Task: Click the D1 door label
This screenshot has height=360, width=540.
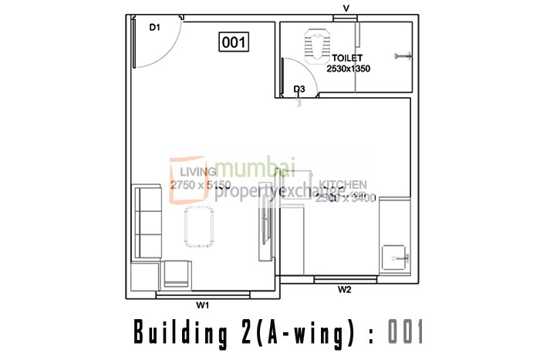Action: point(154,27)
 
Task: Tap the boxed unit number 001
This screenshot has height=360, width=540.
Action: point(234,42)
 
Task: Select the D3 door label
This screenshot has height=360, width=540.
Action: point(300,89)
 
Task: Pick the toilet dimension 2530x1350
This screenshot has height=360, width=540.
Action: point(349,69)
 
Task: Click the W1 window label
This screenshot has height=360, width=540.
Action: point(202,305)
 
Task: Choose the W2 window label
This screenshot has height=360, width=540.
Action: point(345,290)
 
